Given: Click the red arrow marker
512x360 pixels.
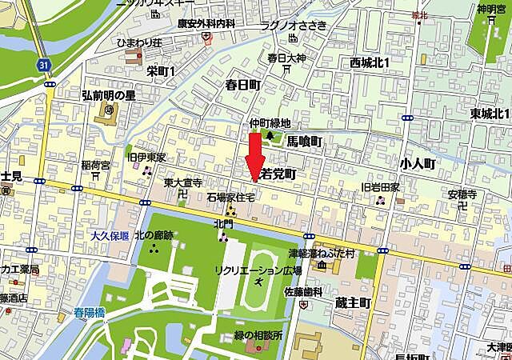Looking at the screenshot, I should pos(254,155).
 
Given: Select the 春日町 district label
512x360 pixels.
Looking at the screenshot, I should pos(243,84).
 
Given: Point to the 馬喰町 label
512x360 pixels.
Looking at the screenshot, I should pos(304,142).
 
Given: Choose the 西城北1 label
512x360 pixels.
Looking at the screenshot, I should pos(370,62).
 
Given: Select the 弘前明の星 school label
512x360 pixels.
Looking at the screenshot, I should pos(110,95).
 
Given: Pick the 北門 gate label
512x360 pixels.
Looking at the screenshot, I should pos(223,224).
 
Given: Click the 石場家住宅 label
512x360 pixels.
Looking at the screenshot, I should pos(230,196).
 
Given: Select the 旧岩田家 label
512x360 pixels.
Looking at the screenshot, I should pos(381,186).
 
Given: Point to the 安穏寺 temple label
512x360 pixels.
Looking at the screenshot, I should pos(462,194).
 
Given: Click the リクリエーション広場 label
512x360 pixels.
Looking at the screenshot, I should pos(258,270).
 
